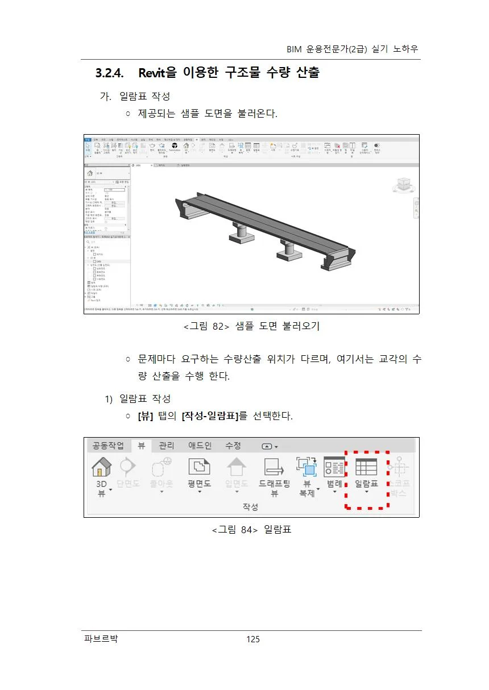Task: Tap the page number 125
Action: coord(253,639)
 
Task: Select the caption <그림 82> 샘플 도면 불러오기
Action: coord(252,326)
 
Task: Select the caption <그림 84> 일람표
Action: coord(251,530)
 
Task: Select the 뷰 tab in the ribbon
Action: coord(142,446)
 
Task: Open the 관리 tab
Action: coord(167,446)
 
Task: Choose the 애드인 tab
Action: coord(200,446)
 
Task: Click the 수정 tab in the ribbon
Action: coord(233,446)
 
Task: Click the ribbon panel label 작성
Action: coord(250,506)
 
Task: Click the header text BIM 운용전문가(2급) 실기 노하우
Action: coord(353,49)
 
